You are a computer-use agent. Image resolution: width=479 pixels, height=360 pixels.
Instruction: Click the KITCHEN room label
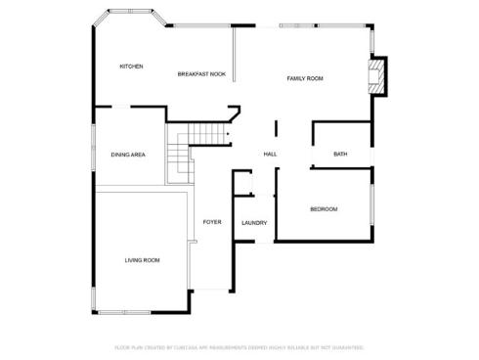point(131,67)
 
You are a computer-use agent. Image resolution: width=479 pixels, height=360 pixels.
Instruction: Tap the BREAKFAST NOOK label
point(201,74)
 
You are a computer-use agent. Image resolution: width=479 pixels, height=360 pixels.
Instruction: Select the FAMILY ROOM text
point(304,78)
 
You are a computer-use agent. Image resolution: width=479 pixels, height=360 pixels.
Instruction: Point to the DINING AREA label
point(128,155)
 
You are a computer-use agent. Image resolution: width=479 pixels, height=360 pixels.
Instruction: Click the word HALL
point(270,155)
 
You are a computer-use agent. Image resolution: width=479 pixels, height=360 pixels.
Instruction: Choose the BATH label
point(340,155)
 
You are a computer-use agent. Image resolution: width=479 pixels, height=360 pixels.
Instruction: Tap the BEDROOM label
point(324,209)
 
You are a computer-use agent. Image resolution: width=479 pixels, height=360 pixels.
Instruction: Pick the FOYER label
point(211,222)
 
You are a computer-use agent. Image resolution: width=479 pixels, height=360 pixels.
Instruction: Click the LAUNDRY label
point(254,223)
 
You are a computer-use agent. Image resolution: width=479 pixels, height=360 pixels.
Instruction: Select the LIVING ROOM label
point(142,260)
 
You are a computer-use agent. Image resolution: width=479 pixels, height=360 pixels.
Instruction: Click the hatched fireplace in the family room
point(374,74)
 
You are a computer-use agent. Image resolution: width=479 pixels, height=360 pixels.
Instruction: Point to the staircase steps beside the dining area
point(182,152)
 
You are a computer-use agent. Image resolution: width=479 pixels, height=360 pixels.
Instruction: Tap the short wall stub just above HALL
point(276,129)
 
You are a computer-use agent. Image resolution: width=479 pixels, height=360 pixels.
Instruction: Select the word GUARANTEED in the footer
point(345,347)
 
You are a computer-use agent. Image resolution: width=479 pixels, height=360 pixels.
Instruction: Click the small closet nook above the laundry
point(243,183)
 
